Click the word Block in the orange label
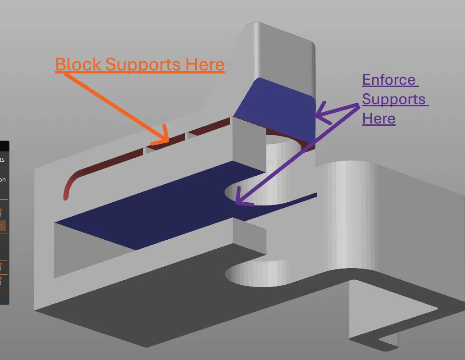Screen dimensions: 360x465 tap(78, 64)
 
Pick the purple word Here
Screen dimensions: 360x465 tap(378, 118)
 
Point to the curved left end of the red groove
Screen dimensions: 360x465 tap(68, 189)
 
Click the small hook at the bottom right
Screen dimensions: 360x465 tap(387, 340)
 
